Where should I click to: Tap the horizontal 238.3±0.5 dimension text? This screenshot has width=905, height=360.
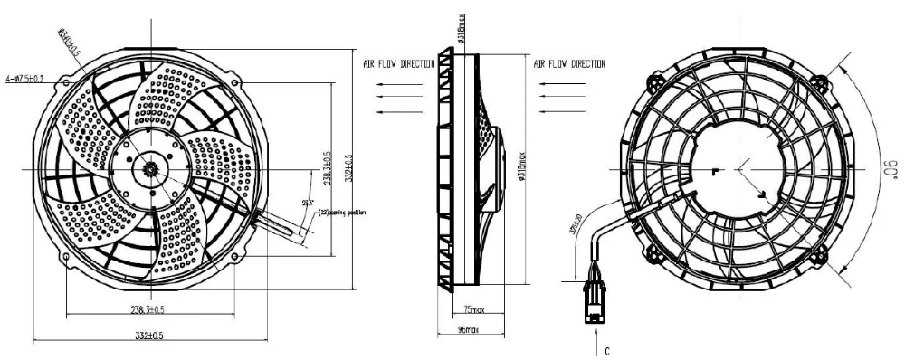pos(143,309)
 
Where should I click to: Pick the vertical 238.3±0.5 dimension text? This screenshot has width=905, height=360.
pos(328,165)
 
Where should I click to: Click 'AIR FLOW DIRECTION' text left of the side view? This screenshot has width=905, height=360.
pos(399,65)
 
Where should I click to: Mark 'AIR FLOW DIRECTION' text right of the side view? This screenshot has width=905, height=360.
pos(569,65)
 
